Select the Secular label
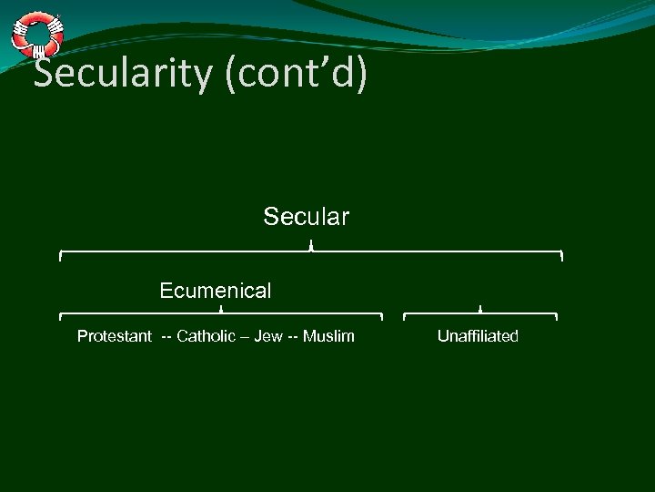[307, 217]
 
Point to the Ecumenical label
[216, 291]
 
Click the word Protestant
[115, 337]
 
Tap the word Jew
[268, 337]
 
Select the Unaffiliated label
[478, 337]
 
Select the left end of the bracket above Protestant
[60, 318]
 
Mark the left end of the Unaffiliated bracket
[404, 318]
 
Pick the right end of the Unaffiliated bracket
[556, 318]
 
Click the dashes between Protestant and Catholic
[166, 337]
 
